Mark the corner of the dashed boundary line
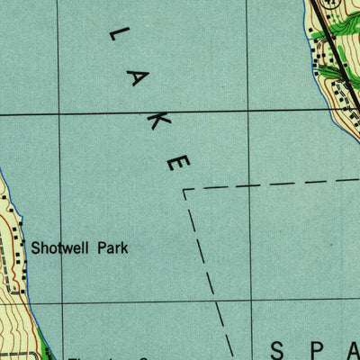tap(184, 190)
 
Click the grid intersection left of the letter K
tap(58, 115)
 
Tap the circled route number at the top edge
tap(333, 4)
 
